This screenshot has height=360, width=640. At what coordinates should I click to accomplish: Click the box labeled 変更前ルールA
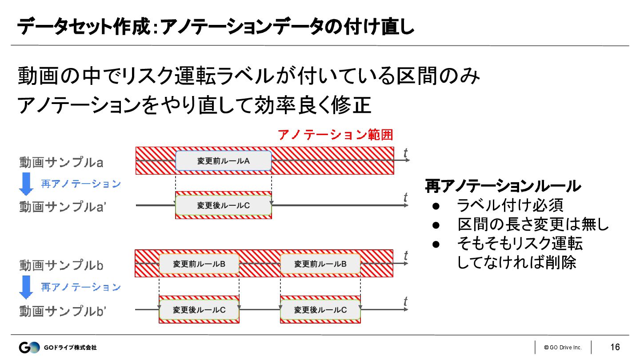(223, 161)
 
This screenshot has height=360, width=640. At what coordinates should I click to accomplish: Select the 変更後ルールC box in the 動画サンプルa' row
(223, 205)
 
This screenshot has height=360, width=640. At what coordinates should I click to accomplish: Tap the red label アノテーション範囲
(336, 135)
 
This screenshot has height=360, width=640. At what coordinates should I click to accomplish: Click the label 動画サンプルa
(61, 162)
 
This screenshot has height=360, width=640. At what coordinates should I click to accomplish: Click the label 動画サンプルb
(61, 265)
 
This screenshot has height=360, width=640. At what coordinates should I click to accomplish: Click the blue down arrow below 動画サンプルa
(26, 184)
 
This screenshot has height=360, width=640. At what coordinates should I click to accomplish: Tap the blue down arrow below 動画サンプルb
(26, 287)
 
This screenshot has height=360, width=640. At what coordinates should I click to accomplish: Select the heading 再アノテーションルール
(503, 186)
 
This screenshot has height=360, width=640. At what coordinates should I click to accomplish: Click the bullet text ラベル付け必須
(510, 205)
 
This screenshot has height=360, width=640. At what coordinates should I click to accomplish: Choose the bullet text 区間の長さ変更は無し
(533, 224)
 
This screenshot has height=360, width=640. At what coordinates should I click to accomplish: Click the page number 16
(615, 347)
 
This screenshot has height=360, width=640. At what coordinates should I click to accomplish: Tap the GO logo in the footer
(29, 347)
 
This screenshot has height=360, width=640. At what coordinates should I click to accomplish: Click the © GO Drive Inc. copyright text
(563, 348)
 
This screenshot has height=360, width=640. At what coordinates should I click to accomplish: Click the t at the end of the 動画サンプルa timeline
(405, 153)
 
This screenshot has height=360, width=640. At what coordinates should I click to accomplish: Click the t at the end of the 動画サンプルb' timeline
(405, 302)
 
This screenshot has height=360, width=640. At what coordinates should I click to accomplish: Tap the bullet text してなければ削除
(516, 263)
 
